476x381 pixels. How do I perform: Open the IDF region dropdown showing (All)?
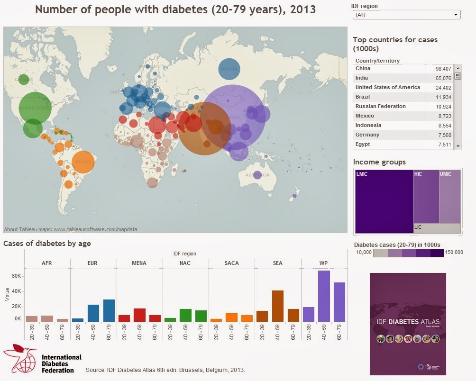(406, 15)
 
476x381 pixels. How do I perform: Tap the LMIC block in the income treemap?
(384, 201)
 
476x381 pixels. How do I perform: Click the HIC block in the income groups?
(426, 196)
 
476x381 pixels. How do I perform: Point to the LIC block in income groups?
(437, 228)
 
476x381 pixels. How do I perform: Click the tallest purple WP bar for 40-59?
(324, 296)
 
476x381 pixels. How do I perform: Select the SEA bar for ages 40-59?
(278, 306)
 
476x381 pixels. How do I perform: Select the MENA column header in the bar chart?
(139, 263)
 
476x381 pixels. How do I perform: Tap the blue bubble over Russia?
(229, 69)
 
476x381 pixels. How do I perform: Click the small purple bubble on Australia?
(257, 175)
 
